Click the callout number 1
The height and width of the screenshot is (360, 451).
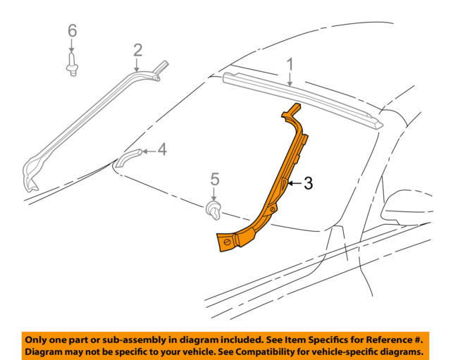[289, 64]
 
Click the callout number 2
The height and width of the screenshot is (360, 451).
[137, 49]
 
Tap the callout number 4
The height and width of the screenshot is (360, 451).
[161, 149]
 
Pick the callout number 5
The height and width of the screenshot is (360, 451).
[216, 180]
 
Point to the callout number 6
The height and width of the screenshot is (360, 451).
[71, 31]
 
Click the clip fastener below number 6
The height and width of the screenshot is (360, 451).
[72, 65]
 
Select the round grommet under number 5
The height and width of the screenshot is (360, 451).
[214, 209]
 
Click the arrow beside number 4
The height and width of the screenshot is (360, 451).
[147, 150]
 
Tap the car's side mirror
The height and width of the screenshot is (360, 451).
[409, 204]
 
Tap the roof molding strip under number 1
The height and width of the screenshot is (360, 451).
[303, 99]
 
